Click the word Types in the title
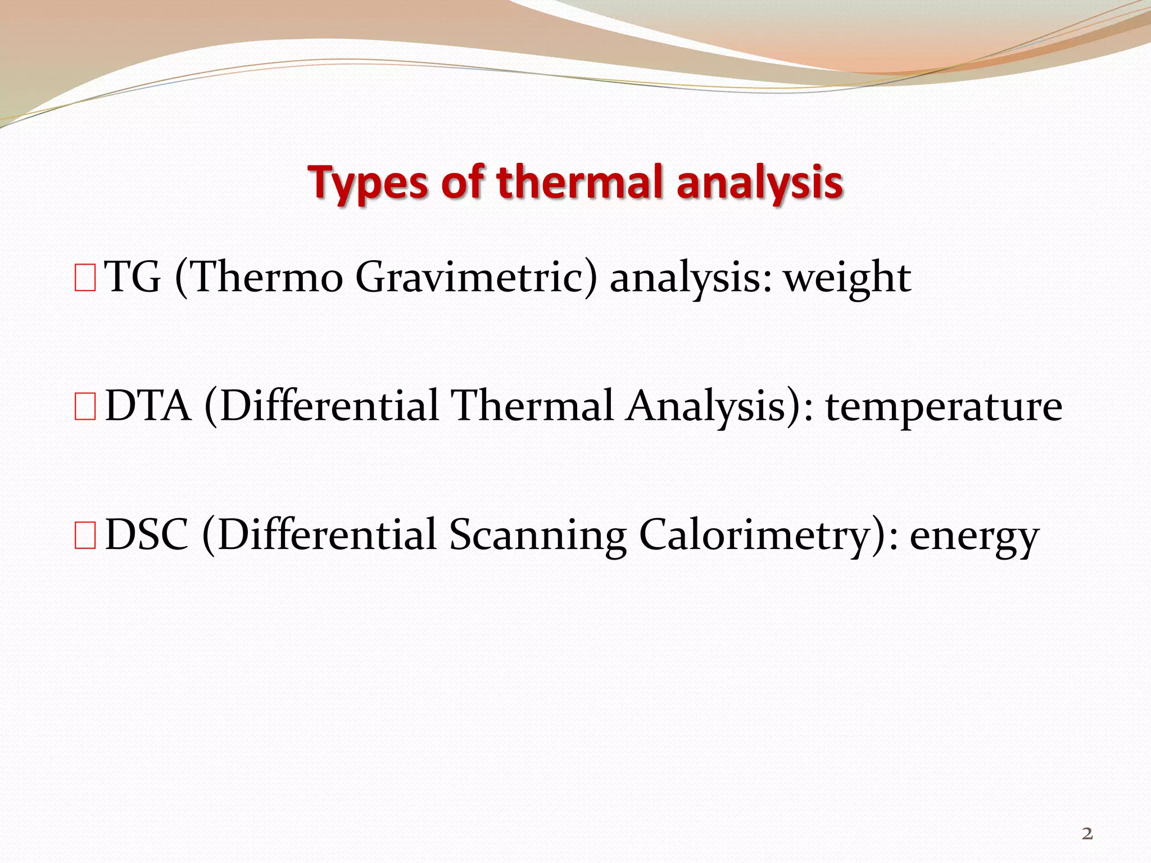point(368,184)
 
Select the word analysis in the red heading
point(760,184)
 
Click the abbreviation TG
point(133,278)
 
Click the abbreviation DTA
point(148,406)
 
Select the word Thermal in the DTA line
point(532,406)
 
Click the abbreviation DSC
point(147,534)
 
